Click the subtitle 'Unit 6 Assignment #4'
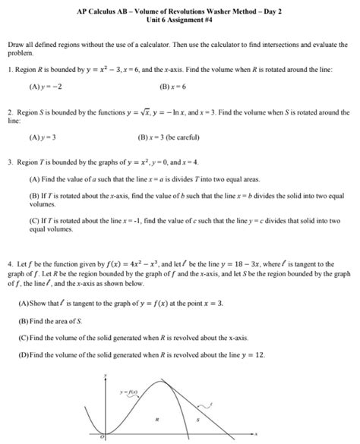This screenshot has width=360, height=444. [179, 20]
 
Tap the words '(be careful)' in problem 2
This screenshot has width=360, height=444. [191, 139]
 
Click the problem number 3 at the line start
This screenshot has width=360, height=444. [8, 162]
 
